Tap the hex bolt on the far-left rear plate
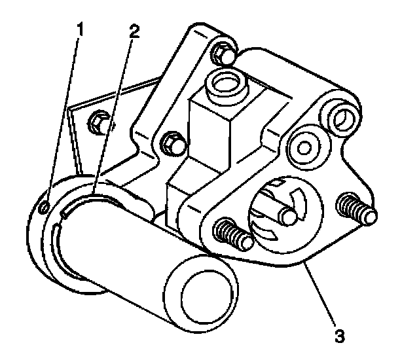pos(99,122)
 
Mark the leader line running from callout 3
pos(321,295)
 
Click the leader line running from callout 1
pos(63,118)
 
